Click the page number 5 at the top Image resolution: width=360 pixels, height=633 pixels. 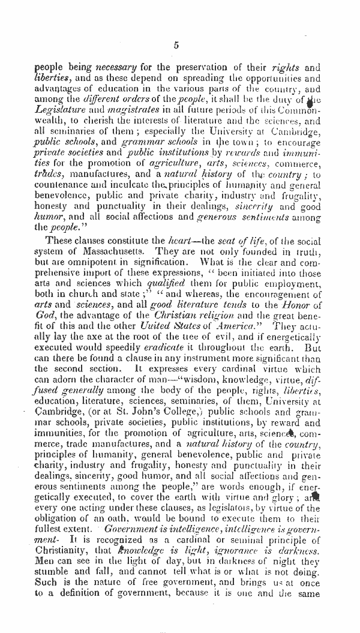click(176, 44)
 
